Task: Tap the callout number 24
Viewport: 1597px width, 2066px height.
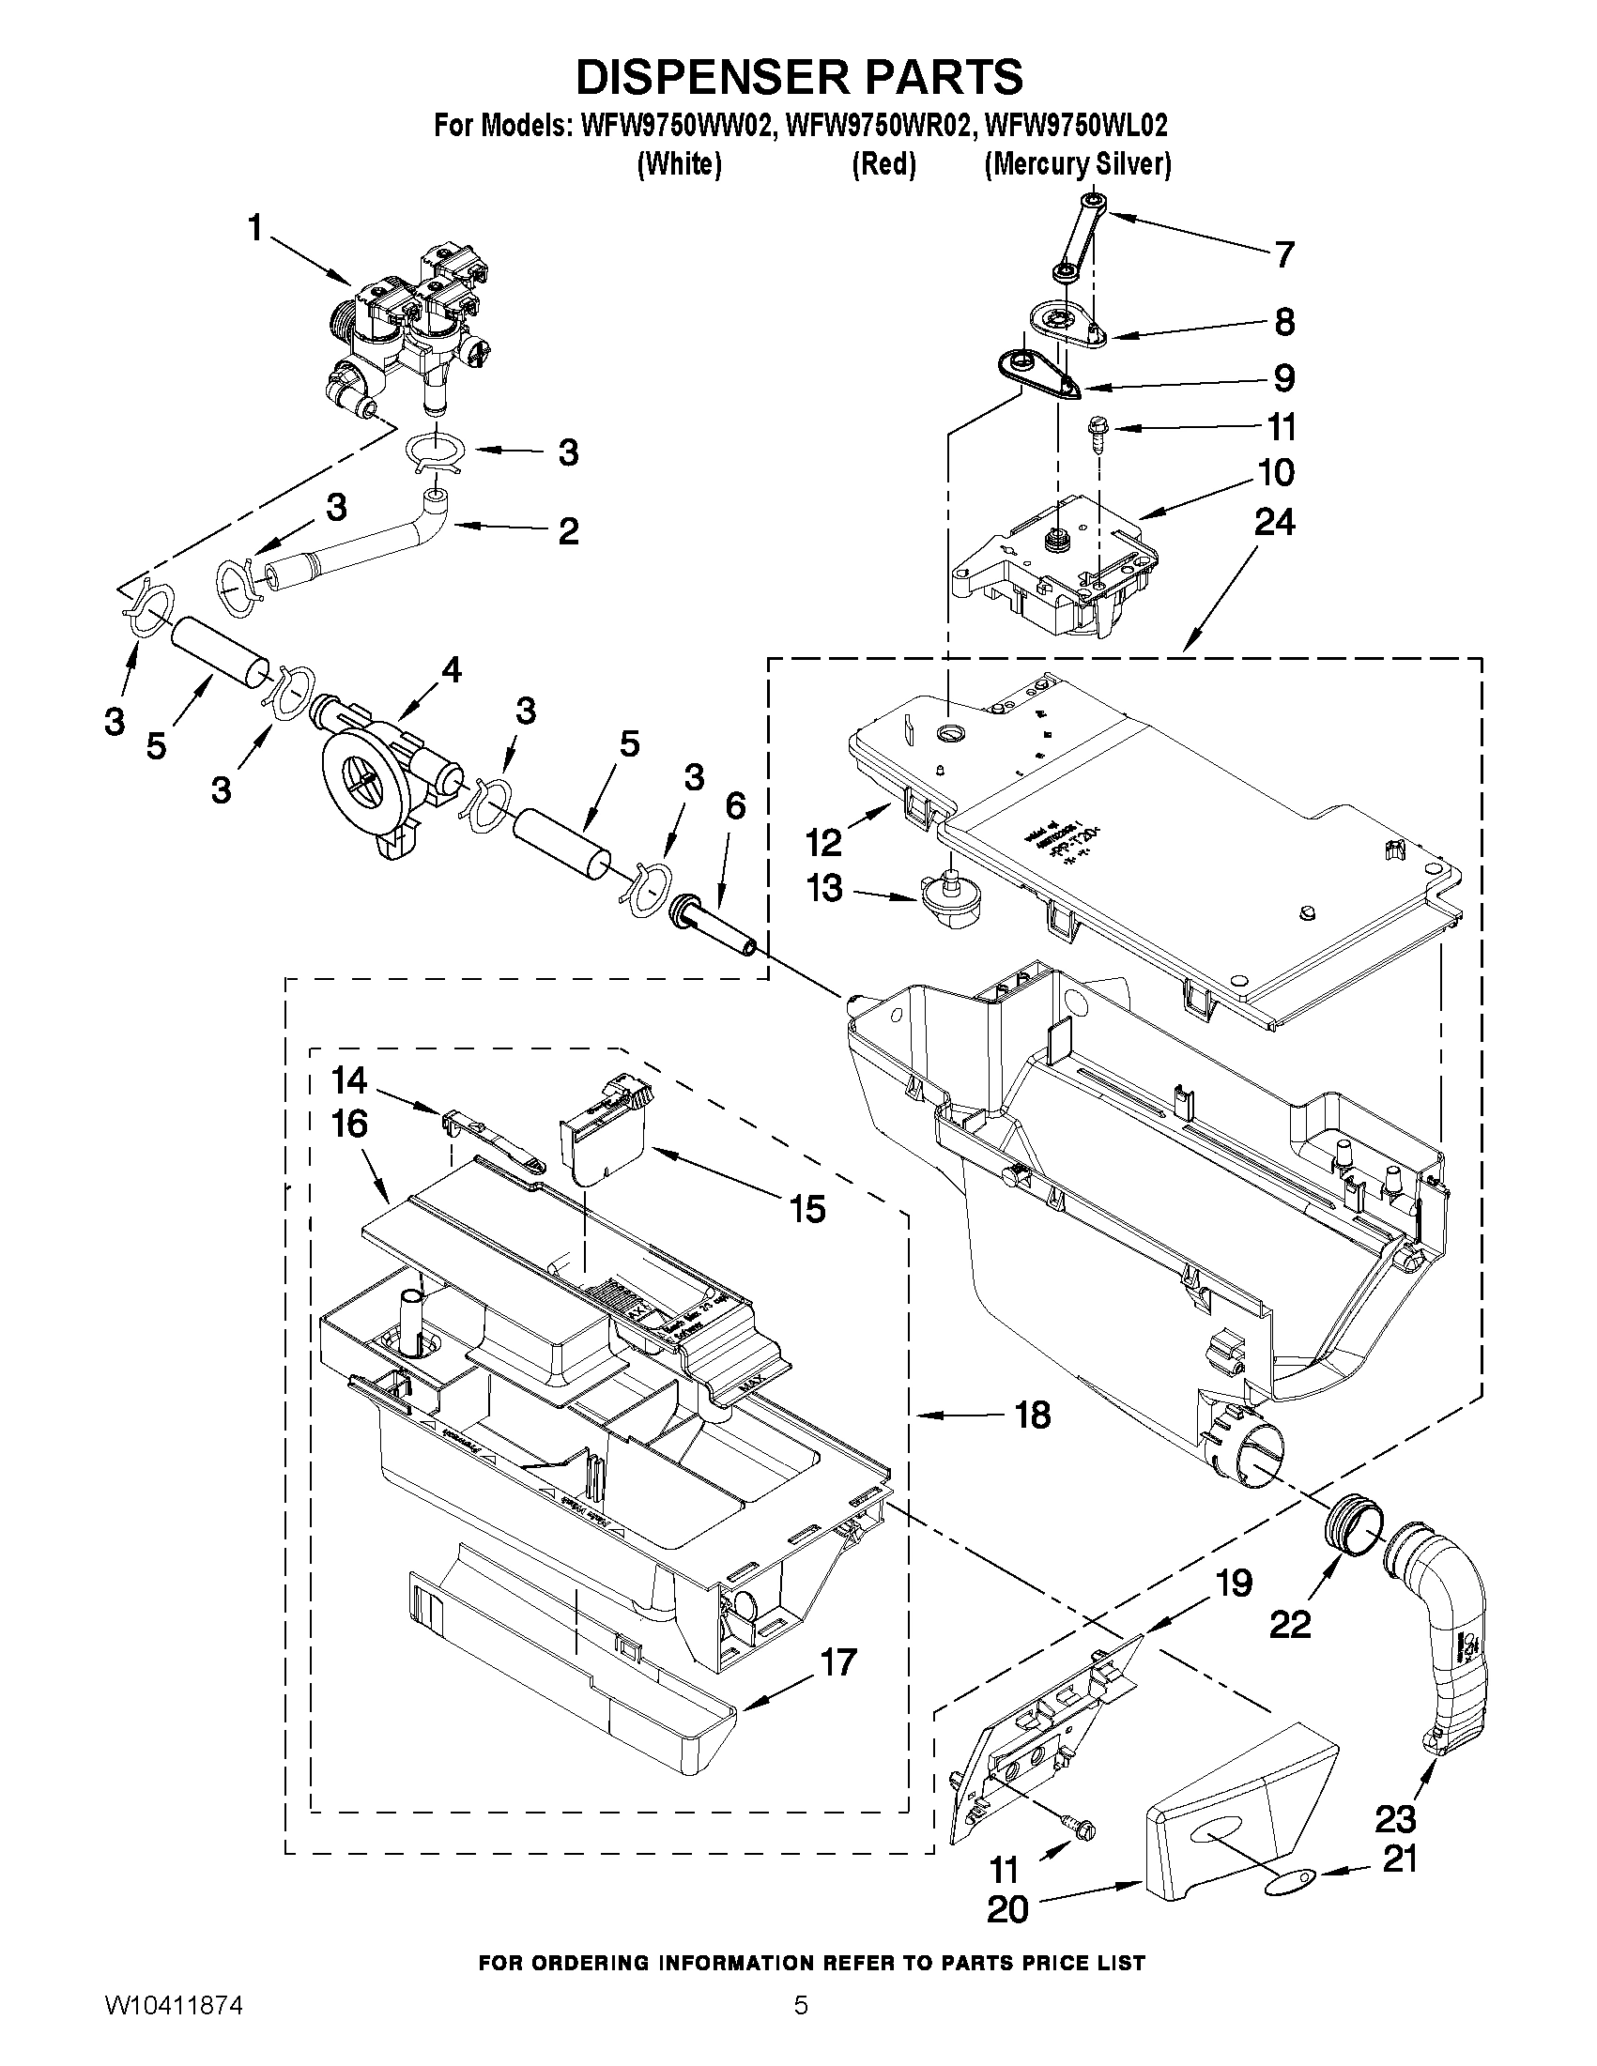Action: [1273, 523]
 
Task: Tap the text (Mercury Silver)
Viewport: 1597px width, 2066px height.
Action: [1078, 164]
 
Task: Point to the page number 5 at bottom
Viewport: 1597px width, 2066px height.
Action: [801, 2030]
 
